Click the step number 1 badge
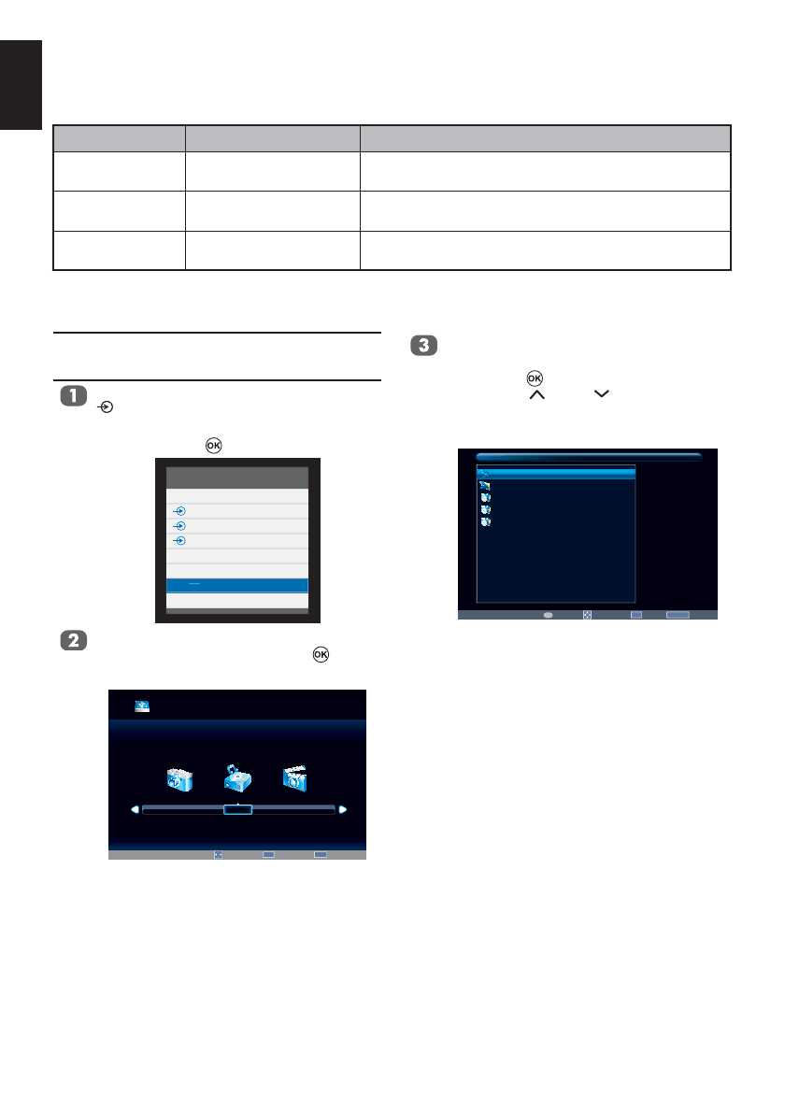pyautogui.click(x=72, y=396)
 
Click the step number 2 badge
pyautogui.click(x=72, y=641)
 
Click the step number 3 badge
pyautogui.click(x=422, y=346)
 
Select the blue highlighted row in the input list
pyautogui.click(x=237, y=585)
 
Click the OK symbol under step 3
pyautogui.click(x=535, y=378)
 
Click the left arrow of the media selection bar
pyautogui.click(x=135, y=810)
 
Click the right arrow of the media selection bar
pyautogui.click(x=343, y=810)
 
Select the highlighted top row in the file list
pyautogui.click(x=556, y=474)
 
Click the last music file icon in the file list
pyautogui.click(x=484, y=522)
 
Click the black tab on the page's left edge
pyautogui.click(x=21, y=85)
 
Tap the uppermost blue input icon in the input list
pyautogui.click(x=180, y=511)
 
